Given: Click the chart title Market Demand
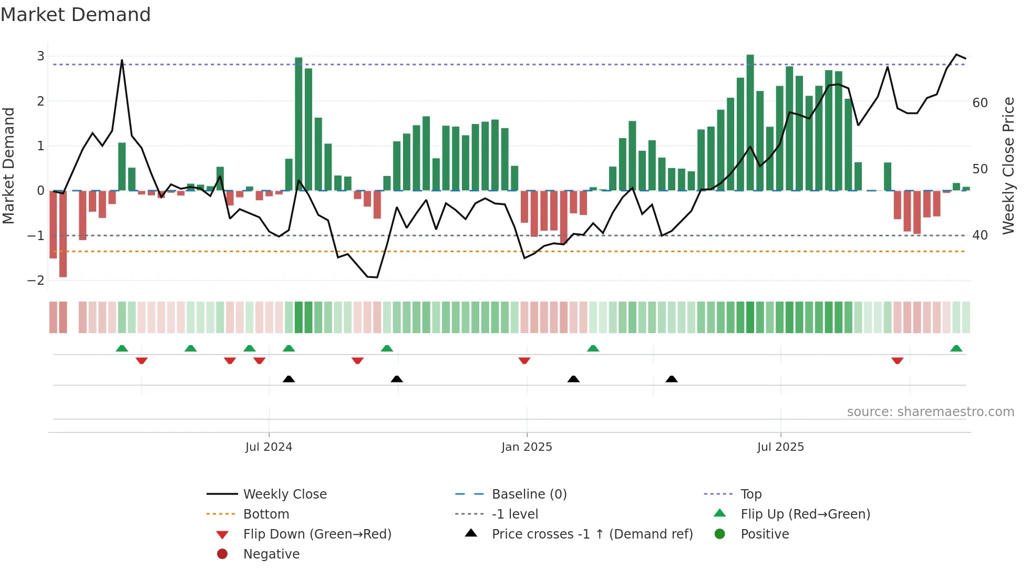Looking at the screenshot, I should point(76,15).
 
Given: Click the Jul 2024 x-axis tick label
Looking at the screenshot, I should point(269,447).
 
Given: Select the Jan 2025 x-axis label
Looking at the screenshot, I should point(527,447).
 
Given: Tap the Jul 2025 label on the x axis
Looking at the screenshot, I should point(780,447).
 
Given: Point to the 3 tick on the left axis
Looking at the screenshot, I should point(40,56).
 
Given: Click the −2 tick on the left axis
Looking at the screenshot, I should point(36,281).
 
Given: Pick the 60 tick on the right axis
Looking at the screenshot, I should point(980,103).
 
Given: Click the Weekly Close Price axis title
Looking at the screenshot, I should point(1008,166).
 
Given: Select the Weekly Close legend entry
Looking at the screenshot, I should point(284,494).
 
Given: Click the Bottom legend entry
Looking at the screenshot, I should point(266,514).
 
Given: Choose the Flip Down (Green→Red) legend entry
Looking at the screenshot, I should point(317,534).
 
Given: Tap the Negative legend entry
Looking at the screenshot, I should point(271,554).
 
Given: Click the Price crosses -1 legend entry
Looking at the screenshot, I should point(592,534).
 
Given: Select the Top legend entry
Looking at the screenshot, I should point(750,494).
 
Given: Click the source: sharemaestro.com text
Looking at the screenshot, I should point(930,412).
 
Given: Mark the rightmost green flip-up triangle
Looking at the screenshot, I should point(956,348).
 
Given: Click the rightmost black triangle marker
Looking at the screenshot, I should point(671,379).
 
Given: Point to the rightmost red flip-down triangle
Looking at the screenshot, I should point(897,361).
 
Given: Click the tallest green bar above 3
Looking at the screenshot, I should point(750,122).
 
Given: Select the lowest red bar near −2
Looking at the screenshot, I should point(63,234).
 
